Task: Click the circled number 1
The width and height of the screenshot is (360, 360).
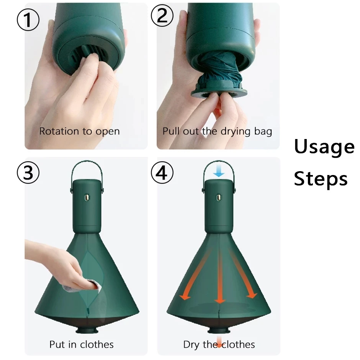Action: click(x=28, y=20)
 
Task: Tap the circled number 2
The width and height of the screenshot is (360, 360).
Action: click(x=162, y=16)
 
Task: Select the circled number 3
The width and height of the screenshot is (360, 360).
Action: click(x=28, y=172)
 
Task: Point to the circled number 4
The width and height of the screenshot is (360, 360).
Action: click(x=162, y=172)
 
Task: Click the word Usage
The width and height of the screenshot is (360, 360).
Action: click(x=324, y=147)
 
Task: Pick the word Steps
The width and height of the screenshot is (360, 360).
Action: click(x=321, y=179)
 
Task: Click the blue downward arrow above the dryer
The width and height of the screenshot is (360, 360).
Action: click(x=219, y=172)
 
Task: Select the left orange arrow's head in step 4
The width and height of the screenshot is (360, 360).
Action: click(x=185, y=297)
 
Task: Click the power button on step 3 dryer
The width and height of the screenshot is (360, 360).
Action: click(x=87, y=198)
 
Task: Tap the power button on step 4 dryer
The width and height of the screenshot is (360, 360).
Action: click(x=219, y=198)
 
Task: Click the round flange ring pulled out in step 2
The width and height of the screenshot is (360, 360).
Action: click(x=219, y=93)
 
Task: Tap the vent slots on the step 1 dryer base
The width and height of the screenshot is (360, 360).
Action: click(x=88, y=55)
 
